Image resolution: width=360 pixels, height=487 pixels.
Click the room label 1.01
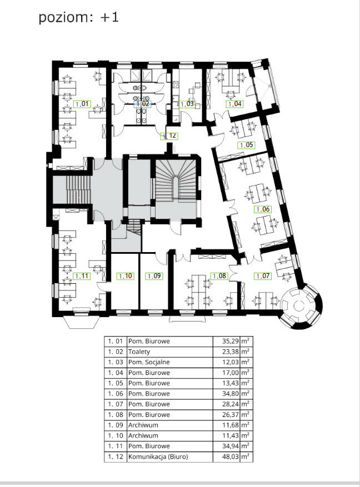82,104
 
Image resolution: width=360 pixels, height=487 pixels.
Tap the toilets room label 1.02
143,104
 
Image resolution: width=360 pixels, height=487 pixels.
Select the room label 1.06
263,209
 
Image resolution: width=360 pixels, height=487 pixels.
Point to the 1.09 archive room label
154,276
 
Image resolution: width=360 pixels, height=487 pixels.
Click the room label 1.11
82,276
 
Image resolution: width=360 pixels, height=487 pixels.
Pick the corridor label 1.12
169,135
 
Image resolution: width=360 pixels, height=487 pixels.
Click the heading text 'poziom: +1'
78,17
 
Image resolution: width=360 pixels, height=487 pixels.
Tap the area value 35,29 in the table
231,341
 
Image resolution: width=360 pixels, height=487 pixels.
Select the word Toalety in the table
139,352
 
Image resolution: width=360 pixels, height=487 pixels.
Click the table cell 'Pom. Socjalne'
149,362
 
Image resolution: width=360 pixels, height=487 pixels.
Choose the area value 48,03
231,456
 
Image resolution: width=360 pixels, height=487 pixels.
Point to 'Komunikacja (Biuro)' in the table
158,456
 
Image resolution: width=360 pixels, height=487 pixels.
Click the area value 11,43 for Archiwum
231,435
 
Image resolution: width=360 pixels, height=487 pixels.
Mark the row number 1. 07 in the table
115,404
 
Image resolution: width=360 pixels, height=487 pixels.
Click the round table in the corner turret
298,306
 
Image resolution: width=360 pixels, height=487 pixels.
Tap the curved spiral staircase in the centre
176,183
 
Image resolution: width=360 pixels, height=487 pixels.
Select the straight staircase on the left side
78,190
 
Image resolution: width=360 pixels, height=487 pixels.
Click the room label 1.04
234,104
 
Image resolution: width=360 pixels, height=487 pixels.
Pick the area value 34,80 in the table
231,394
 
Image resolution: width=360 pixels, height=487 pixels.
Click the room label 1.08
219,276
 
